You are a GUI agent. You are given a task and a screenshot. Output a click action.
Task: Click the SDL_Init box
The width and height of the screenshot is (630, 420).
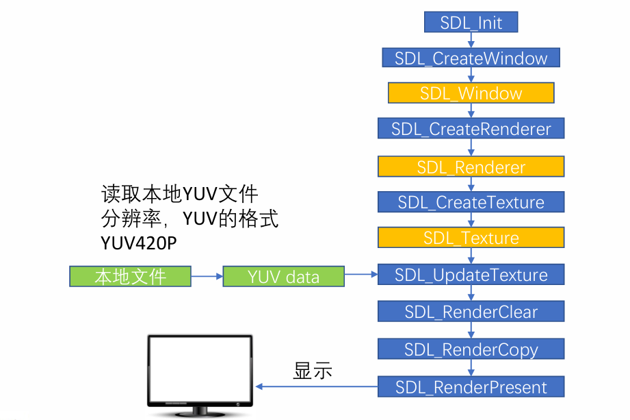coord(471,23)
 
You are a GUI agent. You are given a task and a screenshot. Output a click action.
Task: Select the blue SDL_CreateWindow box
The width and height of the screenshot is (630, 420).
coord(471,58)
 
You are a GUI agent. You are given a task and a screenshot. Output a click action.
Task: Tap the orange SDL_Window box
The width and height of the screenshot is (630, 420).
coord(471,93)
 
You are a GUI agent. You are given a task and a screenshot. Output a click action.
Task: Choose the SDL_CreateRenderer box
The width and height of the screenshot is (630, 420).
coord(471,129)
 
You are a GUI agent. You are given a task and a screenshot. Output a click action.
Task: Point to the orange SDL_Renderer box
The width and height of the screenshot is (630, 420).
coord(471,166)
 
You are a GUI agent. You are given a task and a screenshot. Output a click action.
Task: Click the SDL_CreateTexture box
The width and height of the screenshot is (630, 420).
coord(471,202)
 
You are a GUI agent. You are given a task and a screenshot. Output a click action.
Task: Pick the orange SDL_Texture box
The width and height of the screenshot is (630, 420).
coord(471,238)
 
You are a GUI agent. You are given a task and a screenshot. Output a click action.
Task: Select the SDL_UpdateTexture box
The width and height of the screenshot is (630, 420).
coord(471,275)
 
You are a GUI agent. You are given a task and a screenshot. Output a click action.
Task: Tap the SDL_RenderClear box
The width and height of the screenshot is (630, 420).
coord(471,312)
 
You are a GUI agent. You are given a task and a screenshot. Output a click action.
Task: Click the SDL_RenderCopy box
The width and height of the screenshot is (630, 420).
coord(471,349)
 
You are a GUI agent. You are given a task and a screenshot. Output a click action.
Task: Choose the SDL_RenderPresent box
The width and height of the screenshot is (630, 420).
coord(471,387)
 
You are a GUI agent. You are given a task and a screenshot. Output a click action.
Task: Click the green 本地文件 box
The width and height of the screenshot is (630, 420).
coord(130,277)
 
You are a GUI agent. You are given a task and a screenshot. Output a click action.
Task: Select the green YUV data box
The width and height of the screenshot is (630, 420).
coord(283,277)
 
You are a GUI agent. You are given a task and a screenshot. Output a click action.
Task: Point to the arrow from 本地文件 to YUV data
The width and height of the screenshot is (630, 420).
coord(207,277)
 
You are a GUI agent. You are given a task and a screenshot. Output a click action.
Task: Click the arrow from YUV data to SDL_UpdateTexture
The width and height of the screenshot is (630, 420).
coord(361,275)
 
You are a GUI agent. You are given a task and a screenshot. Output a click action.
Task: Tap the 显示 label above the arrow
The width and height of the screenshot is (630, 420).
coord(313,371)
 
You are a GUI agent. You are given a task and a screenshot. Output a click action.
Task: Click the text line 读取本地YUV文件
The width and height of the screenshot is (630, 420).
coord(179,194)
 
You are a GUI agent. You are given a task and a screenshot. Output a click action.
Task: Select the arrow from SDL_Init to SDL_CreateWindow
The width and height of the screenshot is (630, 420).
coord(471,40)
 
